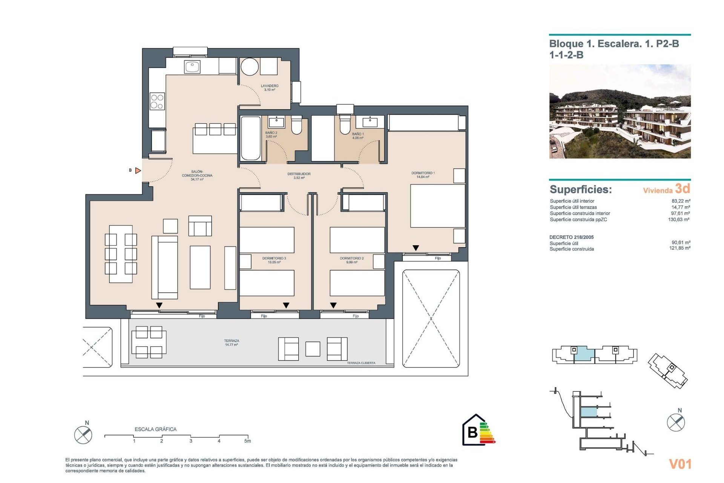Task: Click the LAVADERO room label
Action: click(270, 88)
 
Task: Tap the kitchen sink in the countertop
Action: click(192, 67)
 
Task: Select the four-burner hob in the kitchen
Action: click(157, 102)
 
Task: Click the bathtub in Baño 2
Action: click(250, 138)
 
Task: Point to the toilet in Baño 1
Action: click(345, 125)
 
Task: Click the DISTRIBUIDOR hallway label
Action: click(299, 175)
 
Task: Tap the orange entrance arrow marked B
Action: click(138, 171)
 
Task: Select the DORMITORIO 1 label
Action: click(423, 175)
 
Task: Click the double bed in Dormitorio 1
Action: click(437, 206)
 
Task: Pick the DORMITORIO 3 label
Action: click(274, 260)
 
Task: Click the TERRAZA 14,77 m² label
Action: click(232, 343)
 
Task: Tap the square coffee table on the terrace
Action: click(313, 349)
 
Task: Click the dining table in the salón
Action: click(121, 254)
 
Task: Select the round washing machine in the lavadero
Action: click(249, 67)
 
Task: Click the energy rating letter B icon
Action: click(472, 432)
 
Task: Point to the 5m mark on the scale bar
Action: click(247, 441)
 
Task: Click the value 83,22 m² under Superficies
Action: click(681, 201)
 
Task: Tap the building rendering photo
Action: click(620, 111)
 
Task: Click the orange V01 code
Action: click(680, 464)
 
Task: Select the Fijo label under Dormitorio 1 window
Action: click(437, 258)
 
